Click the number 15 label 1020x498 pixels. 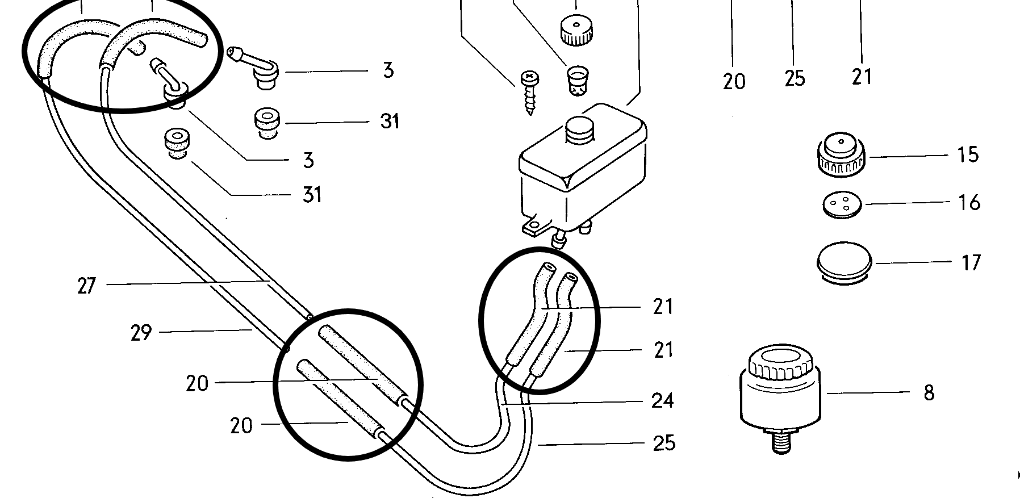point(968,154)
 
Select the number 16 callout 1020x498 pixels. point(969,202)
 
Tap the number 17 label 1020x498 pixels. point(971,262)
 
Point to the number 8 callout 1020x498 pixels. point(929,393)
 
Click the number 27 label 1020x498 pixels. point(86,285)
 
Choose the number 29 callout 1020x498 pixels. point(141,332)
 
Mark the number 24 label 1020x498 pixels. point(662,401)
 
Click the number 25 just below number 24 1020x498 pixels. point(664,443)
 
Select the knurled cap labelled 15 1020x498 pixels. point(842,153)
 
